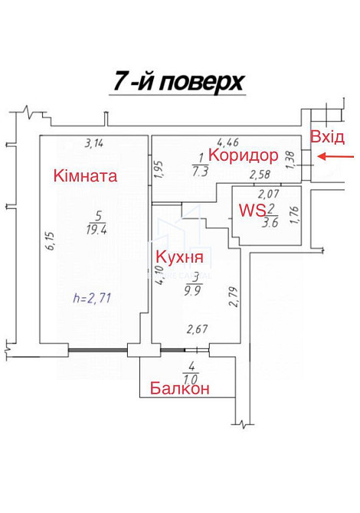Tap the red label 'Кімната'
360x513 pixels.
[85, 176]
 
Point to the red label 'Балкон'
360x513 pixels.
[180, 388]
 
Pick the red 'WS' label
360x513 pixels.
[252, 210]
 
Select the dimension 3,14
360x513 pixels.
[93, 142]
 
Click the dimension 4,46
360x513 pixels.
[228, 142]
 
